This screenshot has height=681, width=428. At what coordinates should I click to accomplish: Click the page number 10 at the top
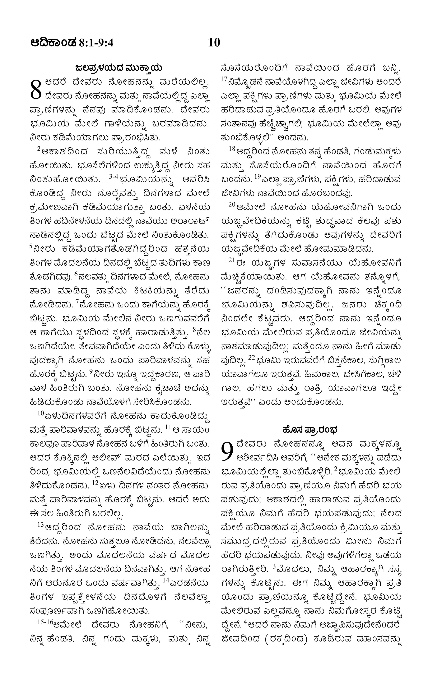click(x=214, y=43)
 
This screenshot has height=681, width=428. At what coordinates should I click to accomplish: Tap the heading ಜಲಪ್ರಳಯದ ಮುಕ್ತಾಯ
click(x=119, y=68)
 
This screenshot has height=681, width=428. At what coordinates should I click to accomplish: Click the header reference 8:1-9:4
click(x=96, y=43)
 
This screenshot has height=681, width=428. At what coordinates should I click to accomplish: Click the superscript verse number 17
click(x=224, y=80)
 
